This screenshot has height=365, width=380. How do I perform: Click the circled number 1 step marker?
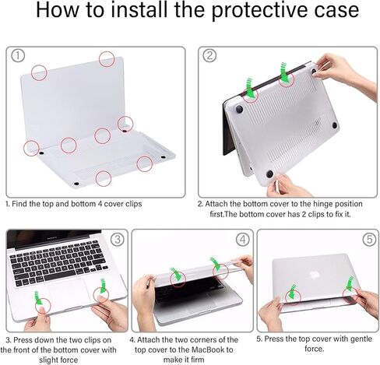[x=18, y=56]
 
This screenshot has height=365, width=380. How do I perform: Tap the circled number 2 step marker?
[x=209, y=55]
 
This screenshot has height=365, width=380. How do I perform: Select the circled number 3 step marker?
[x=118, y=239]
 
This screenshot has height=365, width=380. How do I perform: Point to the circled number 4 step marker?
[x=243, y=239]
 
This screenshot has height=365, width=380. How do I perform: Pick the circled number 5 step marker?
[x=369, y=239]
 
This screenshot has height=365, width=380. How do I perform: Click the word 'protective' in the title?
[x=262, y=10]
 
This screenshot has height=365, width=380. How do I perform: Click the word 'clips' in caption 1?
[x=134, y=204]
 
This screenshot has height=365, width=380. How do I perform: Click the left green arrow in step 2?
[x=249, y=88]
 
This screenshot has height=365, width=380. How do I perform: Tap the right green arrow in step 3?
[x=103, y=286]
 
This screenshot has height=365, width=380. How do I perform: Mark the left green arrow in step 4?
[x=177, y=275]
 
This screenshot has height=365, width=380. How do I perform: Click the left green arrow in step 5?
[x=292, y=292]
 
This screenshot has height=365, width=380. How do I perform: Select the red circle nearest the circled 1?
[x=39, y=72]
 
